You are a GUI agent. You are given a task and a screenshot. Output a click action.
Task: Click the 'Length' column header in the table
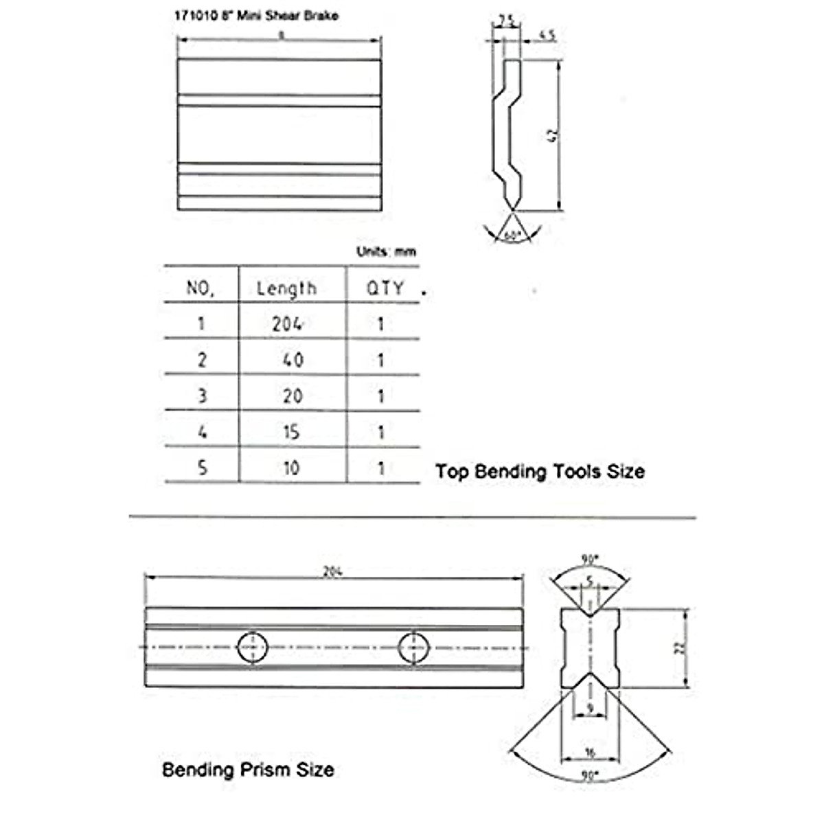pyautogui.click(x=286, y=288)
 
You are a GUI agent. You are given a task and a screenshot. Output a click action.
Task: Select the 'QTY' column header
pyautogui.click(x=384, y=288)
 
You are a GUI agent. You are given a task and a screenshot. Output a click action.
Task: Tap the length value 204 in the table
pyautogui.click(x=287, y=324)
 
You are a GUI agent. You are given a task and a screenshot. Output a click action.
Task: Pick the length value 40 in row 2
pyautogui.click(x=293, y=360)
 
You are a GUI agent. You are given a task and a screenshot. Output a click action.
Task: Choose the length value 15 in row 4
pyautogui.click(x=291, y=432)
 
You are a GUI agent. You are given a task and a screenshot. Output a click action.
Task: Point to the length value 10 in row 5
pyautogui.click(x=291, y=468)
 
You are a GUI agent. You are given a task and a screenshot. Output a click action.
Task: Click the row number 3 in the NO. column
pyautogui.click(x=202, y=396)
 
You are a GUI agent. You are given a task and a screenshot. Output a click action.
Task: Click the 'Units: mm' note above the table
pyautogui.click(x=386, y=252)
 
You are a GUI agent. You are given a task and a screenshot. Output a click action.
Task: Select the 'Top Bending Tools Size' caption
pyautogui.click(x=540, y=472)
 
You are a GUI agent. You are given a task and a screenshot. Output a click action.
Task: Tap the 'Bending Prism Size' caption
pyautogui.click(x=248, y=770)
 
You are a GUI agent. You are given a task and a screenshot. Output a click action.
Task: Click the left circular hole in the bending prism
pyautogui.click(x=253, y=647)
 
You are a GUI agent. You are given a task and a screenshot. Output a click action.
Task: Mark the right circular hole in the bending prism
pyautogui.click(x=414, y=647)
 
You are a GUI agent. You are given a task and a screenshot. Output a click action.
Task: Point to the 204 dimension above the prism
pyautogui.click(x=332, y=572)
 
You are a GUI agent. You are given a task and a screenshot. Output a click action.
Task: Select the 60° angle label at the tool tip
pyautogui.click(x=512, y=236)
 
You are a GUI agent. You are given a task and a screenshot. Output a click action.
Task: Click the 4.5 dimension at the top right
pyautogui.click(x=547, y=36)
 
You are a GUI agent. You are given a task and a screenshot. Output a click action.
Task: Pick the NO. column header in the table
pyautogui.click(x=201, y=288)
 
